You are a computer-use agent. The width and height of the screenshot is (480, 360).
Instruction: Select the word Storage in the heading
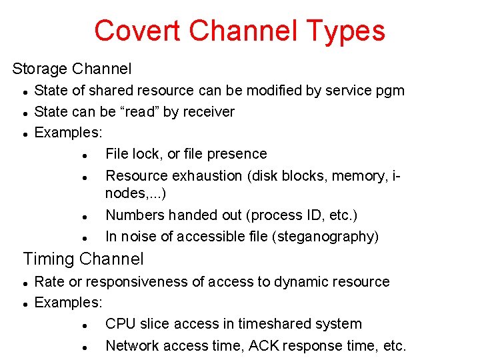click(40, 69)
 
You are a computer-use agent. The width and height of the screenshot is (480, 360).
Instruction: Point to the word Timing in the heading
click(49, 259)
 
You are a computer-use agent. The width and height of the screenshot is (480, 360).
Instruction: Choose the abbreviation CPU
click(121, 324)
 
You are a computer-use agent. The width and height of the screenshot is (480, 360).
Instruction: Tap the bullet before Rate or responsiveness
click(24, 283)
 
